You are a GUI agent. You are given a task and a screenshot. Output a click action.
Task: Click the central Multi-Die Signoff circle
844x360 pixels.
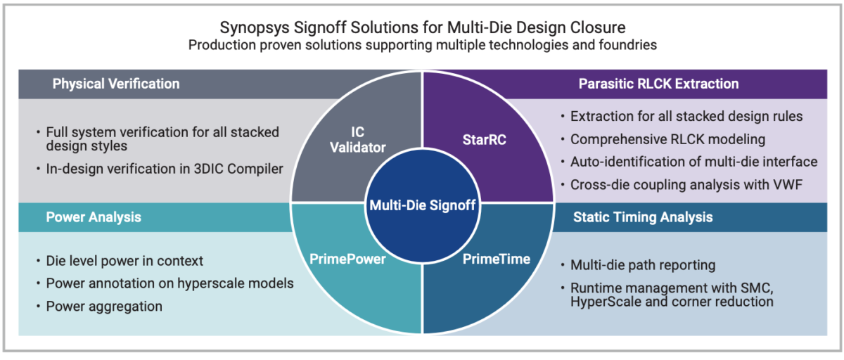(421, 205)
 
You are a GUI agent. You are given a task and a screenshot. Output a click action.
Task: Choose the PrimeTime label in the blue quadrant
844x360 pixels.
(496, 259)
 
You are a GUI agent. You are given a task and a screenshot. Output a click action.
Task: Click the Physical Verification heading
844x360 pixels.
(116, 84)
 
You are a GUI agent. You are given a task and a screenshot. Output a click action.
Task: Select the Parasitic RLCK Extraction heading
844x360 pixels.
(658, 84)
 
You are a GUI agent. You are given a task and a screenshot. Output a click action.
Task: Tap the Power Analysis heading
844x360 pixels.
(94, 217)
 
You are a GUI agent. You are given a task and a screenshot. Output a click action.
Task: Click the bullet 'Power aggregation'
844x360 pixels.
(104, 307)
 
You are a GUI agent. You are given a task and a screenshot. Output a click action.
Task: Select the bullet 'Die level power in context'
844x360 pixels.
(124, 261)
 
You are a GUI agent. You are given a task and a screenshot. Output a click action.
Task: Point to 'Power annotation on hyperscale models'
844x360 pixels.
(170, 283)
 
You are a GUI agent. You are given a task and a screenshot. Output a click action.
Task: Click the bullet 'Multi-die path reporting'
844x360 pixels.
(643, 265)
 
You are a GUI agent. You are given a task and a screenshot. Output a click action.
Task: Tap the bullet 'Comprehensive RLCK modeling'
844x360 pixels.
(668, 139)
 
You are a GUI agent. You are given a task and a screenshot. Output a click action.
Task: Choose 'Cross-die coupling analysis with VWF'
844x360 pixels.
(686, 184)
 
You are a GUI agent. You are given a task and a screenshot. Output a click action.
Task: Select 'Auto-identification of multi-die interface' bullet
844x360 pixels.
(693, 162)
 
